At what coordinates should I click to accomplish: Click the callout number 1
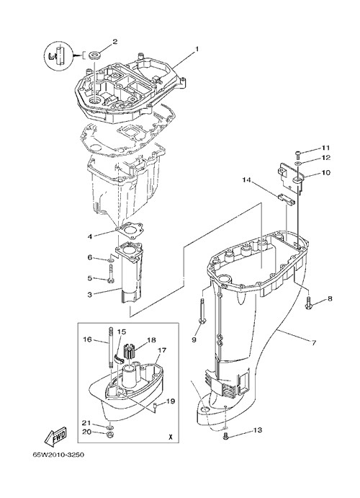tap(197, 49)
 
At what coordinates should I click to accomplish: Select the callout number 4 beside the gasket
tap(90, 236)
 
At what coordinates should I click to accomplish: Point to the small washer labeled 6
tap(111, 261)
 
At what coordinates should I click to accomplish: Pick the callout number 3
tap(90, 295)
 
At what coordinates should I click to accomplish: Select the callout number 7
tap(313, 343)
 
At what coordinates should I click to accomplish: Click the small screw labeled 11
tap(297, 154)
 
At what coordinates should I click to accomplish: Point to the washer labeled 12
tap(298, 164)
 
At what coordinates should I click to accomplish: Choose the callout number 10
tap(325, 172)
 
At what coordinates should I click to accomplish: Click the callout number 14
tap(246, 180)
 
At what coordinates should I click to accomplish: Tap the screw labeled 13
tap(225, 437)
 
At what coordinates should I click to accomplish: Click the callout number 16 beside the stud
tap(87, 339)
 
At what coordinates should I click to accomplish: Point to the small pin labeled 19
tap(156, 404)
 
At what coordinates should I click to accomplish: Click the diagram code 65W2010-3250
tap(58, 455)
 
